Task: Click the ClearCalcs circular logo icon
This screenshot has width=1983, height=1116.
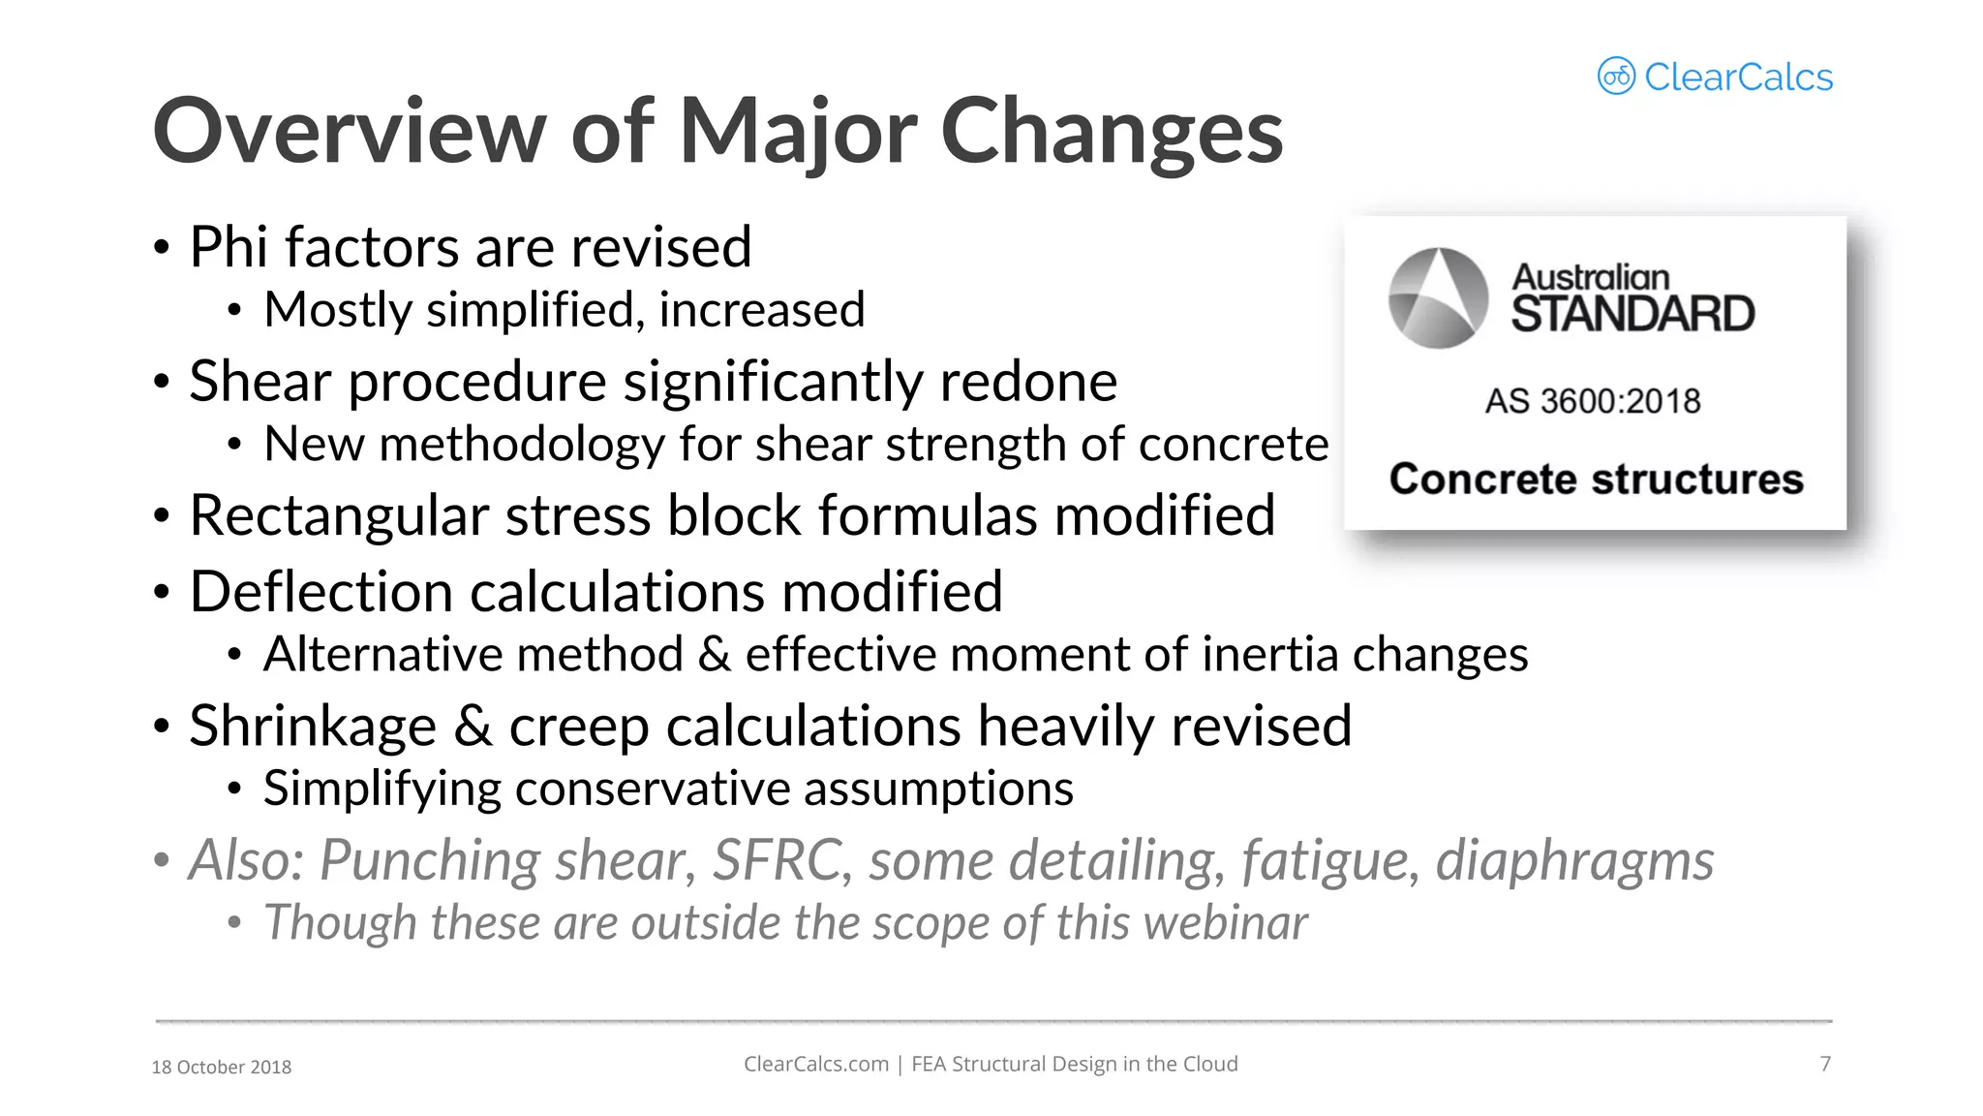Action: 1616,76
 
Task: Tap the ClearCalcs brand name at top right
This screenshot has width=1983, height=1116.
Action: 1738,77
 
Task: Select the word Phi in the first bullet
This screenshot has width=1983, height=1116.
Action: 229,247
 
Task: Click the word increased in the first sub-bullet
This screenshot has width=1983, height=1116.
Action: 761,310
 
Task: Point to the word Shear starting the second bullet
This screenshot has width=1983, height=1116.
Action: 259,381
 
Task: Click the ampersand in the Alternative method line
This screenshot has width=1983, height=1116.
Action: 714,654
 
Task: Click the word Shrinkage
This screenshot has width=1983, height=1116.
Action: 313,726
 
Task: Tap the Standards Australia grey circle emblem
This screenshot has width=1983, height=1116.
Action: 1438,297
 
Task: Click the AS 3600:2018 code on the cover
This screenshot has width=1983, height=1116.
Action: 1593,401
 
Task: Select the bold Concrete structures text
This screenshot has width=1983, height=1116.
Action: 1596,480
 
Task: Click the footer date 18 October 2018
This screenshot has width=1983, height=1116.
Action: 222,1067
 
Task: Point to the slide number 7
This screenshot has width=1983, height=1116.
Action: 1825,1064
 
